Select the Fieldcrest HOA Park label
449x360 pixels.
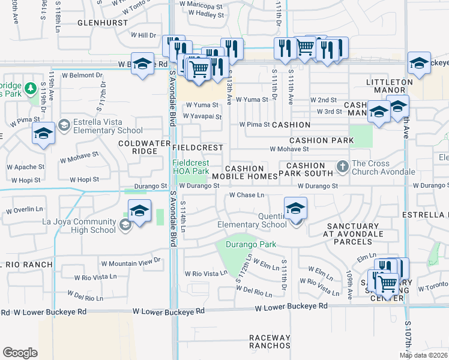191,167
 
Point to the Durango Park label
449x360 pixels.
251,244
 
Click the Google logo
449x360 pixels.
20,353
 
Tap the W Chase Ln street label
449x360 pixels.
247,195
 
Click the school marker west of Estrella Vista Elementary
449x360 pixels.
43,133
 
